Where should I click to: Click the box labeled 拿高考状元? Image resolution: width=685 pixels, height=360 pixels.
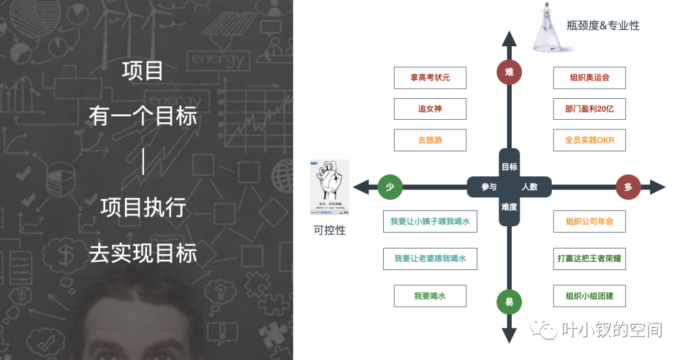[430, 78]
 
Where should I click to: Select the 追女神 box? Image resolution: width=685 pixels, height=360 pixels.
[430, 109]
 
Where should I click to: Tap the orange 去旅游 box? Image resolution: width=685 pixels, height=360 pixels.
[430, 140]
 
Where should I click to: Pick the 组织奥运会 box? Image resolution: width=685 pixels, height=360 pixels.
[589, 78]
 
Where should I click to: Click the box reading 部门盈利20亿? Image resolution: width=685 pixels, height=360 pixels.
[589, 109]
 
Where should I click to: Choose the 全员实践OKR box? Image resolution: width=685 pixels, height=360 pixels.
[589, 140]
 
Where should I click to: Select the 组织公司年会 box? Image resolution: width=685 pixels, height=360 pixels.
[589, 222]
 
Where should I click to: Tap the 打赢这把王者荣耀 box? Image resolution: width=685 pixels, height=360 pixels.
[589, 259]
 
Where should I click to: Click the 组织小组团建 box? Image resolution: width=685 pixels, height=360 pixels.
[589, 296]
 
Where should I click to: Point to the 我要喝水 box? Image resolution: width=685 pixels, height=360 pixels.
[430, 296]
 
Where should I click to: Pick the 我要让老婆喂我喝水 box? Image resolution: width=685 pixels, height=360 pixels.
[430, 259]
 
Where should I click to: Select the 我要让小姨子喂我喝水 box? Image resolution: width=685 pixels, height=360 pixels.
[430, 222]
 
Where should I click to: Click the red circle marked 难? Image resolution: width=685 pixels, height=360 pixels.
[509, 72]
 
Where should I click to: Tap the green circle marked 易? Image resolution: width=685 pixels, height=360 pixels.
[509, 302]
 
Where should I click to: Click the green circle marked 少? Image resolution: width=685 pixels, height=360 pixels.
[390, 187]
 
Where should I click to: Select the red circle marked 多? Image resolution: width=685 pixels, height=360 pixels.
[628, 187]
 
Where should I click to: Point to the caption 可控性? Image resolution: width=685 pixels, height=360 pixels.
[330, 231]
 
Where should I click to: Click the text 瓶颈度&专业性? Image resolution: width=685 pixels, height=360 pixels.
[603, 26]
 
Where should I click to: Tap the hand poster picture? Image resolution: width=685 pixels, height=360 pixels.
[330, 187]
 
